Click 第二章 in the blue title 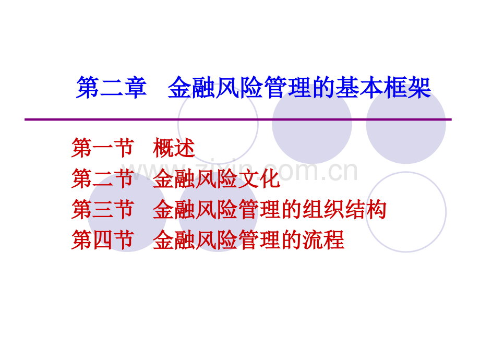tap(112, 88)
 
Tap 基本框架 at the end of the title tap(383, 88)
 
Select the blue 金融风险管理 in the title tap(239, 88)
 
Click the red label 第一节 tap(103, 148)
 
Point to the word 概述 tap(174, 148)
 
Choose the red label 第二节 tap(103, 178)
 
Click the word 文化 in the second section tap(259, 178)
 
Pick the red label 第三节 tap(103, 209)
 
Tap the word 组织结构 tap(344, 209)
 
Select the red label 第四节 tap(103, 240)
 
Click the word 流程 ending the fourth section tap(323, 240)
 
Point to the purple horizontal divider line tap(238, 119)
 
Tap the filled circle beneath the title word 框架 tap(406, 124)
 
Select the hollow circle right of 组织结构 tap(406, 212)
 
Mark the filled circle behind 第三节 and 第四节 tap(127, 212)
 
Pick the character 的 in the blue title tap(323, 88)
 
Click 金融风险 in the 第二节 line tap(195, 178)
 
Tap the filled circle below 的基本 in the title tap(312, 124)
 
